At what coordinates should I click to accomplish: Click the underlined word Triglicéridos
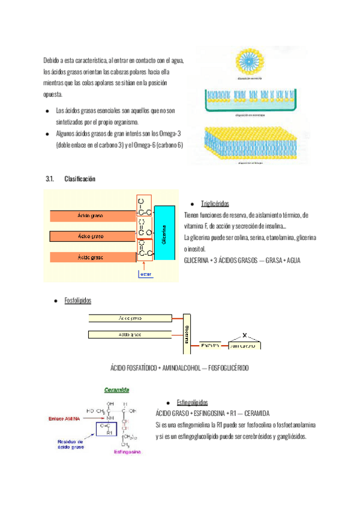[215, 203]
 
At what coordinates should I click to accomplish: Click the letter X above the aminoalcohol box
[244, 335]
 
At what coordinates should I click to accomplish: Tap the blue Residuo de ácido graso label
[65, 444]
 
